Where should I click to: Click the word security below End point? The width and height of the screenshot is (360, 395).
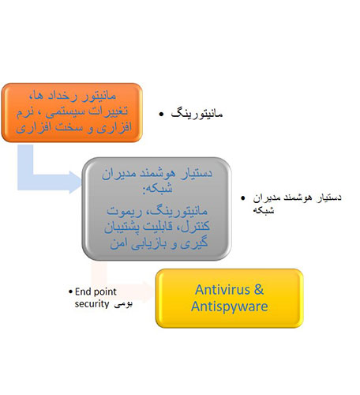pyautogui.click(x=94, y=303)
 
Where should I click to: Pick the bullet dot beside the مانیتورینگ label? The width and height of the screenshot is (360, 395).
pyautogui.click(x=161, y=115)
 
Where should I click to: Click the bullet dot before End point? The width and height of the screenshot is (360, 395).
pyautogui.click(x=69, y=290)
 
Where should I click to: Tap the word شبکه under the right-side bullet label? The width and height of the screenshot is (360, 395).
pyautogui.click(x=269, y=210)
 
